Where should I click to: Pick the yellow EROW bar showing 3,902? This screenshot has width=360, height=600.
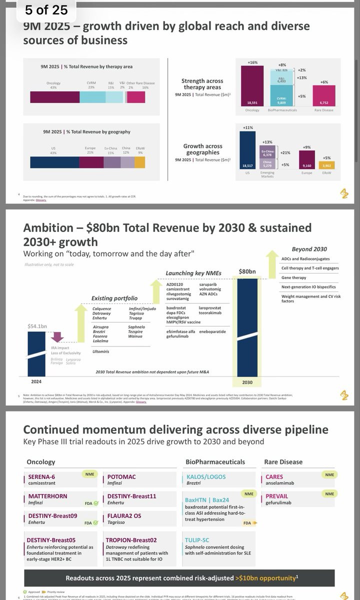327,165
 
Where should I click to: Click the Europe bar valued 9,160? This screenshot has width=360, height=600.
307,160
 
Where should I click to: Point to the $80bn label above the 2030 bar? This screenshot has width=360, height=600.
247,271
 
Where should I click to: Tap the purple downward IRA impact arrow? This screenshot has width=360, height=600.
56,336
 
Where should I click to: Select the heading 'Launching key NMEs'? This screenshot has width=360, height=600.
193,273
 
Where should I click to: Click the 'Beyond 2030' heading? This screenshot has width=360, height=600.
309,249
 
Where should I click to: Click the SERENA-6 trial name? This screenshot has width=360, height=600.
41,476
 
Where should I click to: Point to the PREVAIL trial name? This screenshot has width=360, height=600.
277,496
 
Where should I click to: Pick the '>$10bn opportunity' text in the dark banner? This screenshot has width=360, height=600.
266,578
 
